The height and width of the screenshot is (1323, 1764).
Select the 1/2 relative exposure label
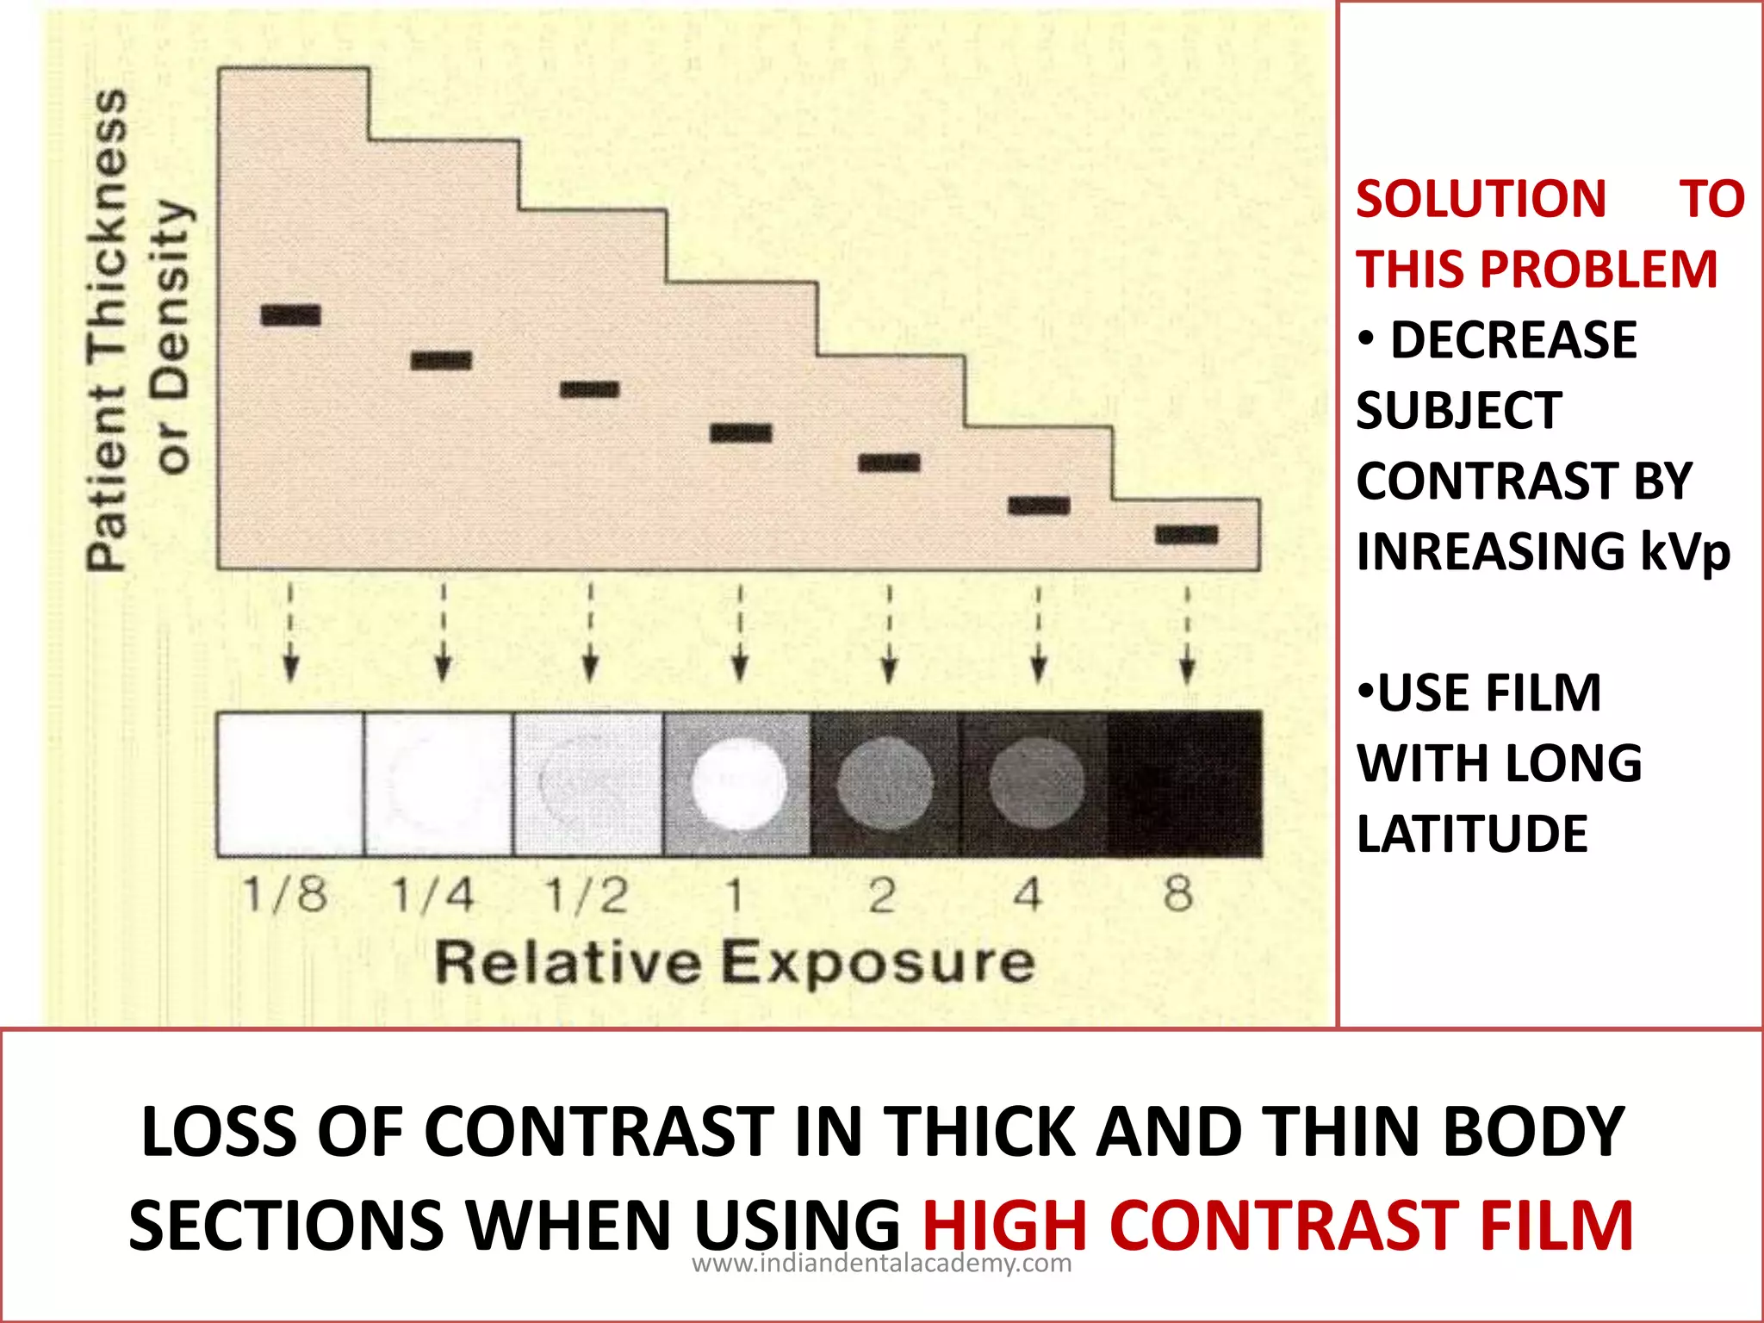[x=587, y=895]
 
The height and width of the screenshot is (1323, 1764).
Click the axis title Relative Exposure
[x=735, y=962]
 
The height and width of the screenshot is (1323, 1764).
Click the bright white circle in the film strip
[x=739, y=784]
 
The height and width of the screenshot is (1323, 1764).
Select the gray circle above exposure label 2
[x=885, y=784]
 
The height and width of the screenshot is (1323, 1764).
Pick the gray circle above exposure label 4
[x=1037, y=784]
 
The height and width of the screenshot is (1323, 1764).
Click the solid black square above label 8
[x=1185, y=784]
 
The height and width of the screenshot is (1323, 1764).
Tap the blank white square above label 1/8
[x=290, y=784]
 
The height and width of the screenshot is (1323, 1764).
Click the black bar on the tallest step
[x=291, y=315]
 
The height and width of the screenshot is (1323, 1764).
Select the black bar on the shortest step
[x=1187, y=535]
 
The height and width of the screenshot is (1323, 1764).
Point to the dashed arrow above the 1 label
[x=739, y=634]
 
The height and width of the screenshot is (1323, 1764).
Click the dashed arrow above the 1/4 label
[x=443, y=634]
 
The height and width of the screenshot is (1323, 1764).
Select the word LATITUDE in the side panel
[x=1472, y=834]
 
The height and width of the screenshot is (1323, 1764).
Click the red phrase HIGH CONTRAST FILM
[x=1277, y=1226]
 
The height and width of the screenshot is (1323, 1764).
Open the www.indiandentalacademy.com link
[x=882, y=1264]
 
